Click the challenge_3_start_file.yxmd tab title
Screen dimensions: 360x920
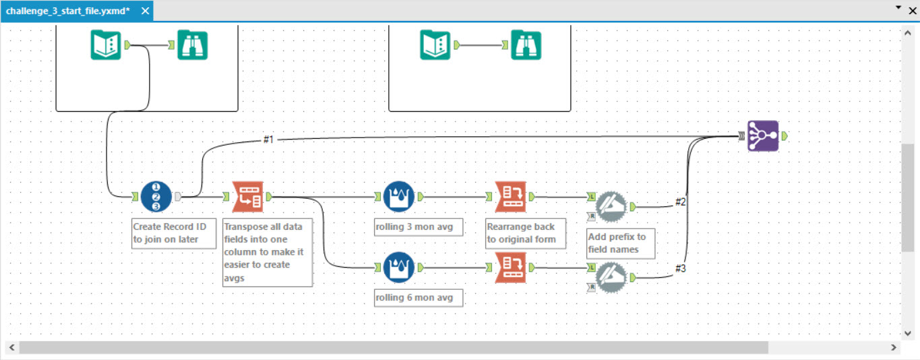tap(67, 11)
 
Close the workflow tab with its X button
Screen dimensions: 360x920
tap(146, 11)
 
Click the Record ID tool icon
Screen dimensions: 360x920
tap(156, 197)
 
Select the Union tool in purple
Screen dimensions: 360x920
tap(763, 136)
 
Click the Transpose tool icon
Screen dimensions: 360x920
tap(247, 197)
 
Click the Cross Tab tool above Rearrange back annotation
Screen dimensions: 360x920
tap(510, 197)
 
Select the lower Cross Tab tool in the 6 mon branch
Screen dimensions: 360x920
tap(510, 268)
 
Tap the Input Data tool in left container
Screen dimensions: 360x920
tap(106, 45)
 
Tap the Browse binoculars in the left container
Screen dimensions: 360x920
tap(193, 45)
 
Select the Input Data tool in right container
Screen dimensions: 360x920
tap(435, 45)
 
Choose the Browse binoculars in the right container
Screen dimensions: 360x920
tap(526, 45)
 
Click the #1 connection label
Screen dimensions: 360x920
tap(269, 140)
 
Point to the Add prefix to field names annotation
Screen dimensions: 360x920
tap(616, 243)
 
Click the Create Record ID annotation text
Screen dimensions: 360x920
tap(173, 233)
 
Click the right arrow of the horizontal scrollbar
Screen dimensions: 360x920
tap(894, 347)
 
